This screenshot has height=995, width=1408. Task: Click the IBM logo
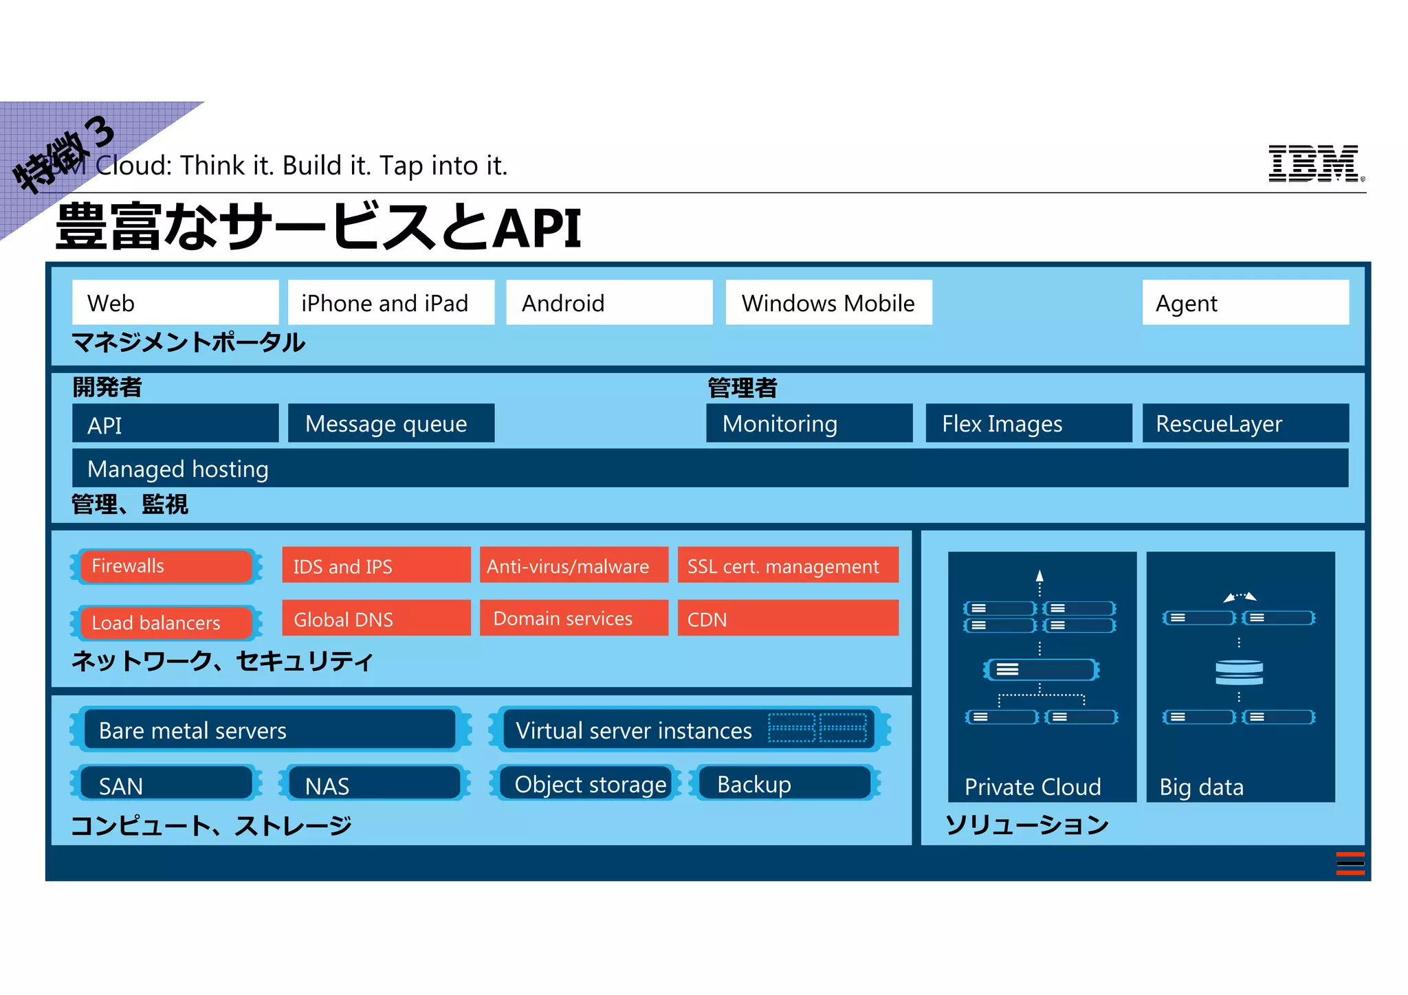point(1314,164)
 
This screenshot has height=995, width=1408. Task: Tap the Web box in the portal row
point(175,302)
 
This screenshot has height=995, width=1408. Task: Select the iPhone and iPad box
point(390,302)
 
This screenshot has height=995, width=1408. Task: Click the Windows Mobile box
point(828,302)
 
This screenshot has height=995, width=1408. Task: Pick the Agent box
point(1245,302)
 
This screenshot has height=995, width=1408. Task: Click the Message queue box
point(390,423)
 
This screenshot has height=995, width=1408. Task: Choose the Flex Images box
point(1028,423)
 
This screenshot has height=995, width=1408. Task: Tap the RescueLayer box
point(1245,423)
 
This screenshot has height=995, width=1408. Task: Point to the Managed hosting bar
point(710,469)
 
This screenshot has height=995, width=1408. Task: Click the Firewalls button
point(166,566)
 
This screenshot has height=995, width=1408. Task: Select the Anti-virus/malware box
point(573,566)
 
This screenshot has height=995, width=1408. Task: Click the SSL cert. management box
point(788,566)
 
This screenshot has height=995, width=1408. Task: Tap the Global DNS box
point(376,618)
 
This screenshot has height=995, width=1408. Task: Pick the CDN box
point(788,618)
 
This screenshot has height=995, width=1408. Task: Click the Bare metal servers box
point(269,730)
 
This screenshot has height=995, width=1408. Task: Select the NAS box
point(374,784)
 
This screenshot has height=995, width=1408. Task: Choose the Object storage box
point(590,784)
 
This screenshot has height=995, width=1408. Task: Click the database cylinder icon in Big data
point(1239,672)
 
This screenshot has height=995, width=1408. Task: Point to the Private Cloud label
point(1033,787)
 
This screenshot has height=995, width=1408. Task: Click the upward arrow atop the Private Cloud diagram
point(1039,577)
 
